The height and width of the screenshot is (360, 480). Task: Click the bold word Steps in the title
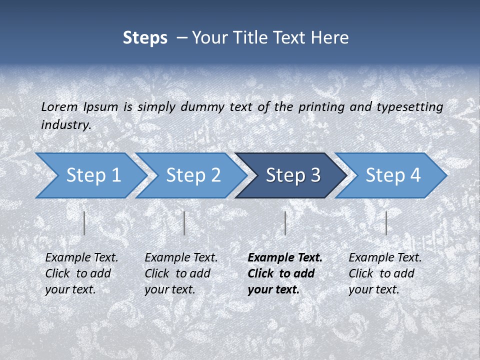point(145,38)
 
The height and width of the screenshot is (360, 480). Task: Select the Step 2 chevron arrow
point(192,175)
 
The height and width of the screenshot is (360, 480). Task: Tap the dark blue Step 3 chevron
point(292,175)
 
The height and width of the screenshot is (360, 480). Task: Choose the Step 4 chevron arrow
point(392,175)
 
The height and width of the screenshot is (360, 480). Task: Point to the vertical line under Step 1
point(84,223)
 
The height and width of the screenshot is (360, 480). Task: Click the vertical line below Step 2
point(184,223)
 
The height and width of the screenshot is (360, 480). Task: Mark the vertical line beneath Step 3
point(285,223)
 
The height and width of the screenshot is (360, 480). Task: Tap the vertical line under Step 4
point(386,223)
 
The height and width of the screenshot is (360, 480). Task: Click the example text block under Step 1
point(81,273)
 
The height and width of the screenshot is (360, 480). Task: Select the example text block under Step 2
point(181,273)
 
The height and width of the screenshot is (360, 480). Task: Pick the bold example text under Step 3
point(284,273)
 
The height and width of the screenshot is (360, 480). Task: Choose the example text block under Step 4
point(385,273)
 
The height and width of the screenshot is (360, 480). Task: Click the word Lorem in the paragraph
point(59,106)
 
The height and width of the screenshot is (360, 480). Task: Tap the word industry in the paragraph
point(65,124)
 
